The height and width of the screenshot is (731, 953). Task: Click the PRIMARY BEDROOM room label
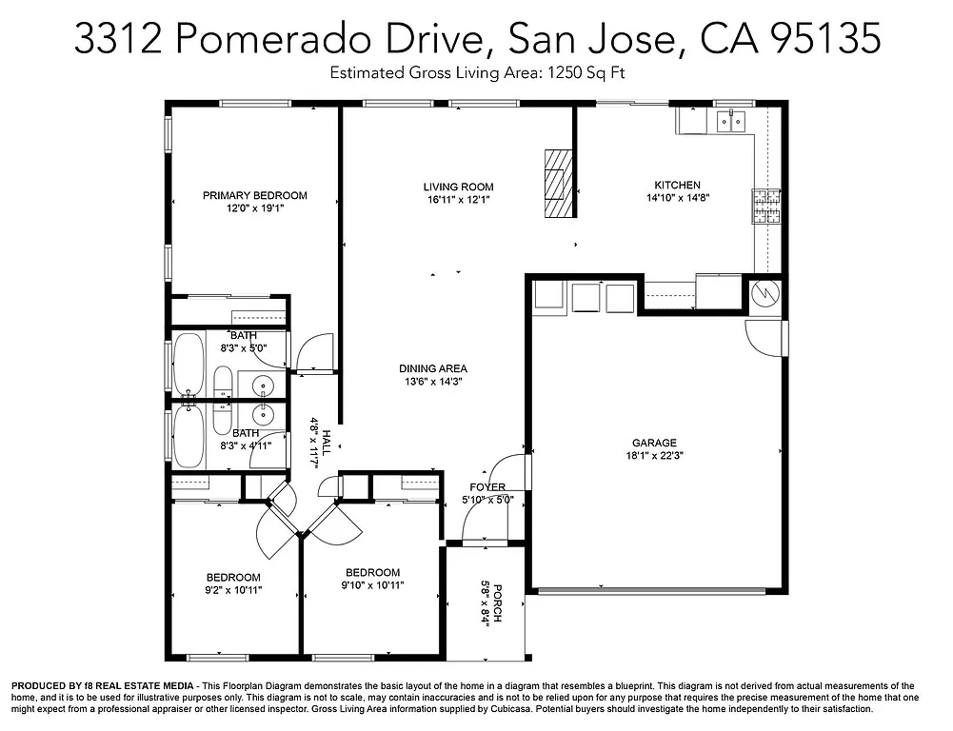[x=255, y=195]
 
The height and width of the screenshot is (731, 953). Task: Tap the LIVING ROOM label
[x=459, y=187]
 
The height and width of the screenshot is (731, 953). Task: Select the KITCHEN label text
[x=677, y=185]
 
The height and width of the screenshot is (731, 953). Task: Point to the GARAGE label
[x=654, y=443]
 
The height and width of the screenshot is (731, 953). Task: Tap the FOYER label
[x=487, y=487]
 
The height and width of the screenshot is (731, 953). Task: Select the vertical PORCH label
[x=497, y=603]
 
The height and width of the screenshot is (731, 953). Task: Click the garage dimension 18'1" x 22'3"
[x=654, y=455]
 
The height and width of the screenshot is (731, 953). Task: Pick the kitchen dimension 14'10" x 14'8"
[x=677, y=197]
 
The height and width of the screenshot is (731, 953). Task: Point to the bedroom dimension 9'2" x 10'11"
[x=234, y=590]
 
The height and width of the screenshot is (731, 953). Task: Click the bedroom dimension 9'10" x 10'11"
[x=372, y=585]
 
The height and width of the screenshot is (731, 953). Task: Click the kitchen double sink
[x=730, y=121]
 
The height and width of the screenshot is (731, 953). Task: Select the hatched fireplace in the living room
[x=561, y=183]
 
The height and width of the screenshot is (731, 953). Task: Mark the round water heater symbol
[x=765, y=294]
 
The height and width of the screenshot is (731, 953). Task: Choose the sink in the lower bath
[x=263, y=415]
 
